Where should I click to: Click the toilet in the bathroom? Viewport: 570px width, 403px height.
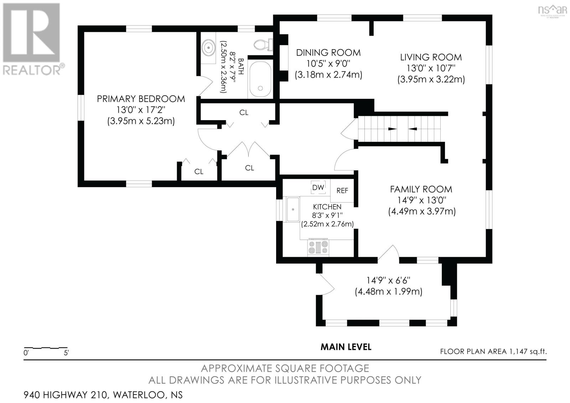tap(264, 45)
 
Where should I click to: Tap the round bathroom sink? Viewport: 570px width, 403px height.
tap(208, 47)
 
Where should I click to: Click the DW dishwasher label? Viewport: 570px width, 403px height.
tap(318, 188)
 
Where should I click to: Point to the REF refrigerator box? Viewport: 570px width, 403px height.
tap(342, 190)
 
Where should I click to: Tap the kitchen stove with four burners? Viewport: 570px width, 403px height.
tap(318, 248)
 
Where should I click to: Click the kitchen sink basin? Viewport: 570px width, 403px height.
tap(293, 209)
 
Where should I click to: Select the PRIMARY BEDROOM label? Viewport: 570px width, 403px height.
tap(141, 99)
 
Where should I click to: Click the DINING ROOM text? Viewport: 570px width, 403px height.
tap(328, 53)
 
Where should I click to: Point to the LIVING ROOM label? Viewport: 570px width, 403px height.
tap(431, 57)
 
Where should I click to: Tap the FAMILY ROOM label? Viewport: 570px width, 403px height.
tap(421, 189)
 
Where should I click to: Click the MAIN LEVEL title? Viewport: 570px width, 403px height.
tap(346, 347)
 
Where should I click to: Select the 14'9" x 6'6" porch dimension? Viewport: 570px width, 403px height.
tap(389, 280)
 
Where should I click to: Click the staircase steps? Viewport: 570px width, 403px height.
tap(399, 129)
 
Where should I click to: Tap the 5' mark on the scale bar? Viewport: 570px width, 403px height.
tap(66, 353)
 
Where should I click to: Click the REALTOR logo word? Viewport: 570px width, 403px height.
tap(32, 70)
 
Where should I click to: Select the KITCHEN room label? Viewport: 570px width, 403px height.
tap(327, 207)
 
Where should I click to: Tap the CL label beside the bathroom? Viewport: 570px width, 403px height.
tap(244, 112)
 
